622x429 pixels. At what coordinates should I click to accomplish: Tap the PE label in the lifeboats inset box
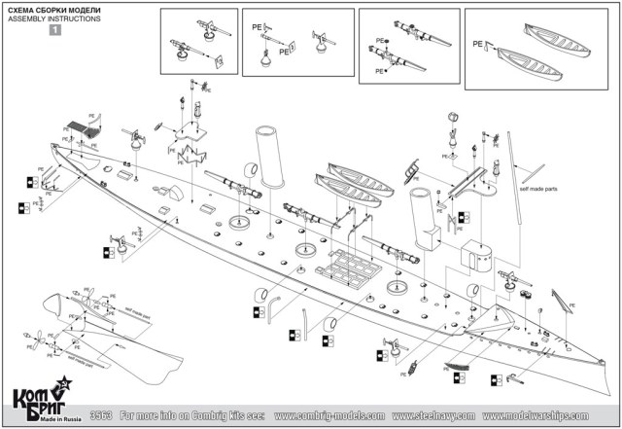point(477,44)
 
